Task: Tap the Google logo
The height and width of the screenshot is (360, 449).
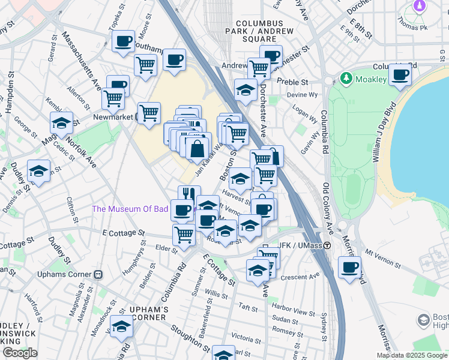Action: coord(20,353)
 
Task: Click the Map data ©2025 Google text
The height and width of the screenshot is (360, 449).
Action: coord(412,355)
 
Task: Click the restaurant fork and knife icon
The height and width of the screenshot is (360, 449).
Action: coord(188,193)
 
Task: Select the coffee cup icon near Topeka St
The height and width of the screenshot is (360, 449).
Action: coord(124,41)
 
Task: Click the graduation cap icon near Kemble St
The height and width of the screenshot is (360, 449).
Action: coord(61,123)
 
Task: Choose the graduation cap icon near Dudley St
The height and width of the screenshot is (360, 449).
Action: coord(38,171)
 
